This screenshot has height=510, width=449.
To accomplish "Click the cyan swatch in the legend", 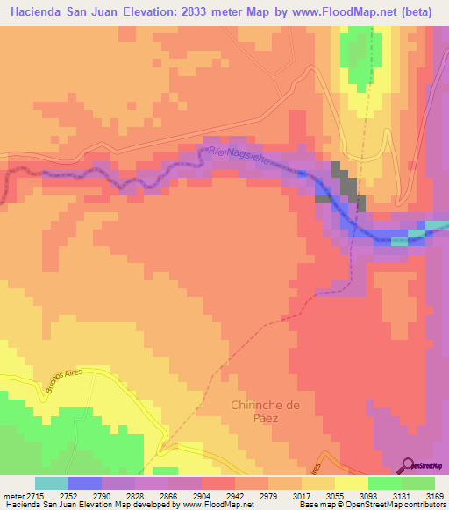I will click(x=52, y=483).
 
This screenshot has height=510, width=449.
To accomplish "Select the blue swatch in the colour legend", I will click(x=85, y=483).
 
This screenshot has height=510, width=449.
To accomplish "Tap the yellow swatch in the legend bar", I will click(x=351, y=483).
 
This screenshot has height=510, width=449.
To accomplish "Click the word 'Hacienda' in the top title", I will click(x=38, y=13).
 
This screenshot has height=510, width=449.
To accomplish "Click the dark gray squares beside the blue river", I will click(x=344, y=188).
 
